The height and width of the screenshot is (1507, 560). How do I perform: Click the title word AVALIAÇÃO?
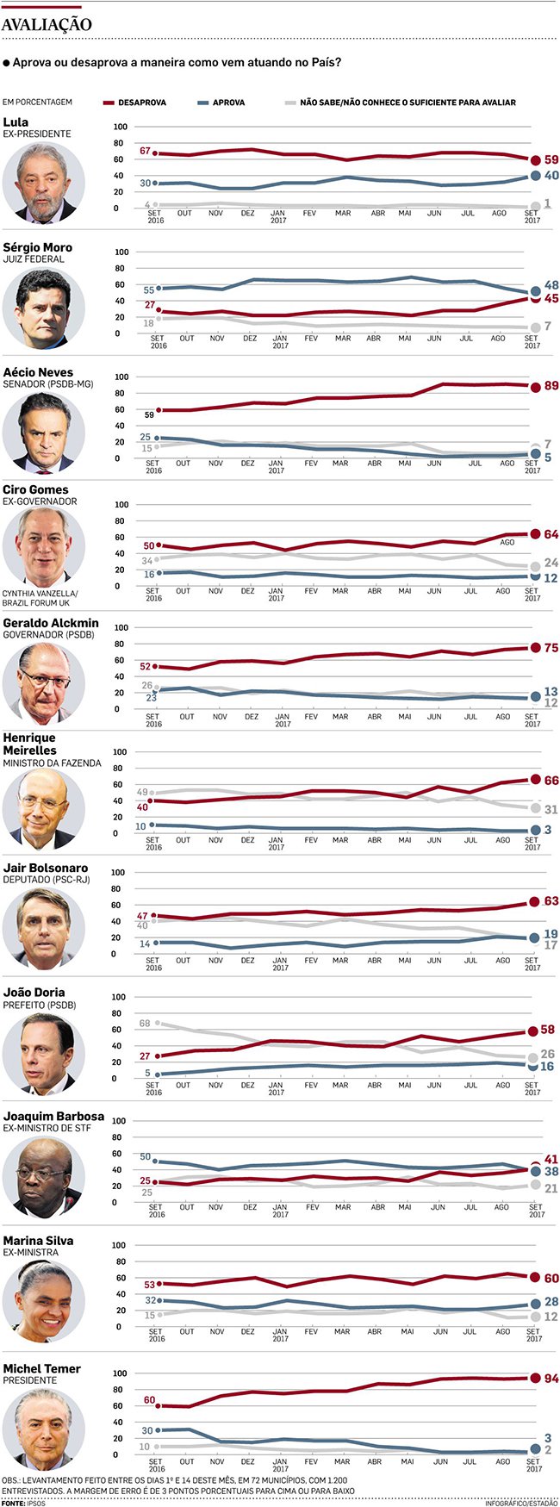47,26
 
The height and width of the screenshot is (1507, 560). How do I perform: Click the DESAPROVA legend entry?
142,103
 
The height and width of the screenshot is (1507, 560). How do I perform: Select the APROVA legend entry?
228,103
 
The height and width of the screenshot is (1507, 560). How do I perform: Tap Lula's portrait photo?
43,183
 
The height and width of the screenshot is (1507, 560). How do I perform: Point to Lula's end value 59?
551,160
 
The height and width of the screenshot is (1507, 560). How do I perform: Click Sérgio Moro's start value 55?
149,290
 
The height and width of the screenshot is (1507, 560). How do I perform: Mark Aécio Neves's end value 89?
551,386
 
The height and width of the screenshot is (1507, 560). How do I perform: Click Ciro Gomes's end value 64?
551,534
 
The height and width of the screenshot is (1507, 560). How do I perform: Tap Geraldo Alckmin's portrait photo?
43,682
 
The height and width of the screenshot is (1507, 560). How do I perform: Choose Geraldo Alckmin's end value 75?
551,648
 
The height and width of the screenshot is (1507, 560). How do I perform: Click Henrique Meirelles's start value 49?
142,793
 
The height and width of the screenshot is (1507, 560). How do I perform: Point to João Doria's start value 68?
145,1024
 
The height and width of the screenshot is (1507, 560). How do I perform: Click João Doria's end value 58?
548,1031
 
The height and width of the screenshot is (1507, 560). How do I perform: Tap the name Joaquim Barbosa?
53,1116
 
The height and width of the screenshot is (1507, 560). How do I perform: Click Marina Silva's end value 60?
551,1279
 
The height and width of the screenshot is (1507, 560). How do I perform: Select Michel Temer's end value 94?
551,1379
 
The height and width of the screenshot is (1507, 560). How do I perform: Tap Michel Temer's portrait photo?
43,1426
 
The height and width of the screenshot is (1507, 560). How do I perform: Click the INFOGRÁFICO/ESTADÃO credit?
520,1503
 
